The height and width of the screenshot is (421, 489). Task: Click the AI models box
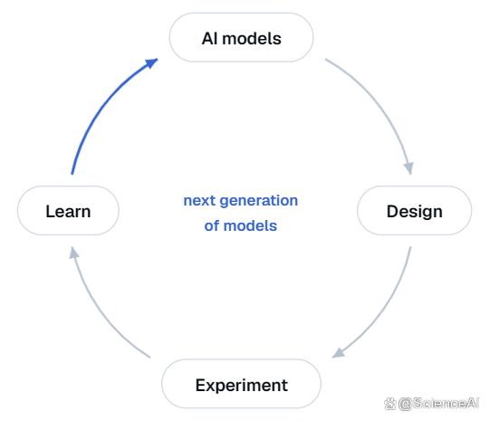[x=241, y=37]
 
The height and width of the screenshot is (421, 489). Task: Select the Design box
[x=414, y=210]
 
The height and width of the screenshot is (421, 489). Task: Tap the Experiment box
[x=241, y=384]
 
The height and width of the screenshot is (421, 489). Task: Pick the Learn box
[x=68, y=210]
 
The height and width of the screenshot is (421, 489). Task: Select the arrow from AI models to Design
[x=380, y=104]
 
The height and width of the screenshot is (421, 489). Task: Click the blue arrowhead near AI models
[x=152, y=63]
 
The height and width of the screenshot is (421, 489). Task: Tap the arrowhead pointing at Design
[x=408, y=168]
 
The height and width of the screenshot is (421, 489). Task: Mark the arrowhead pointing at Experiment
[x=338, y=353]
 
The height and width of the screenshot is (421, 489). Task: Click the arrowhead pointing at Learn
[x=73, y=253]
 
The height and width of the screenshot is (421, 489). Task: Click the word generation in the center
[x=258, y=201]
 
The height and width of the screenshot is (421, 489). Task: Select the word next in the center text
[x=199, y=200]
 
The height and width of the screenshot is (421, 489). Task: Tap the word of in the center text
[x=211, y=225]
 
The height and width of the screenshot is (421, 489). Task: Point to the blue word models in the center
[x=250, y=225]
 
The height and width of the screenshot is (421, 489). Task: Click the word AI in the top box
[x=210, y=39]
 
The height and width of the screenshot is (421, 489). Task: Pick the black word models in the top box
[x=252, y=39]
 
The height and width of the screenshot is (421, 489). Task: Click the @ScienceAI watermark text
[x=438, y=403]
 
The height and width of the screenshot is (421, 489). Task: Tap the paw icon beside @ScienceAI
[x=389, y=404]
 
